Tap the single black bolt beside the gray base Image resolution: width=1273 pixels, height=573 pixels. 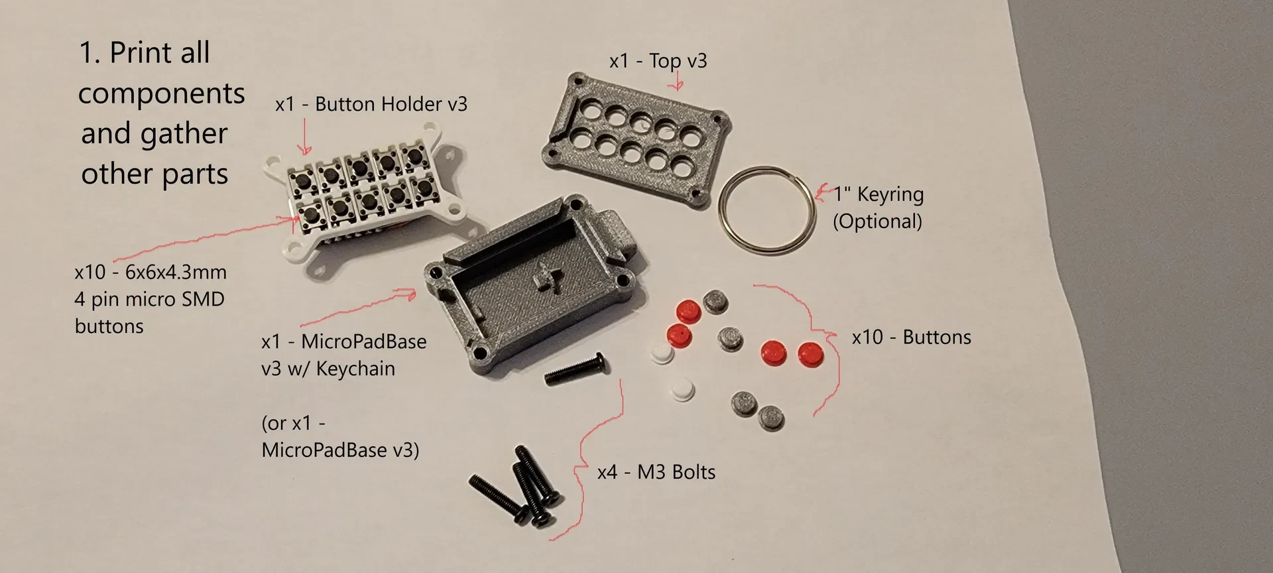point(575,370)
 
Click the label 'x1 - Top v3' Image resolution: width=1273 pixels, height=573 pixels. point(658,61)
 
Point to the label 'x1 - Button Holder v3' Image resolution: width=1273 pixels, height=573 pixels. point(371,104)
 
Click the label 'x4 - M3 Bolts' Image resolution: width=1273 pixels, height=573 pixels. point(656,472)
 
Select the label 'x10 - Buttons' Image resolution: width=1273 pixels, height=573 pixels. point(911,337)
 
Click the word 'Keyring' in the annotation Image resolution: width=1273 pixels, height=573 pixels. point(890,194)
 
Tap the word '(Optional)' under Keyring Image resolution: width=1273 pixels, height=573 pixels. point(877,221)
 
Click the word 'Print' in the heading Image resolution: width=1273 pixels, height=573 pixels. point(159,52)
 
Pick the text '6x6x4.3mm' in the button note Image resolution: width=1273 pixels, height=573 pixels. point(176,272)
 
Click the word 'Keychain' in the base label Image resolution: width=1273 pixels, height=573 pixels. point(355,369)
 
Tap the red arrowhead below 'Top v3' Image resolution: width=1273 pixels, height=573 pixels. point(676,85)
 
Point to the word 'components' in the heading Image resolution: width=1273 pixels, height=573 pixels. point(161,94)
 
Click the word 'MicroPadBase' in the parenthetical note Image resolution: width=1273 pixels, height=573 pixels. point(324,450)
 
